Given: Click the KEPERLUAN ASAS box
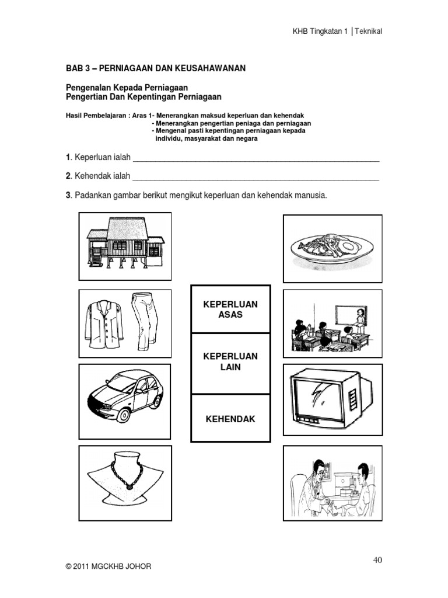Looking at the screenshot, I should (x=230, y=309).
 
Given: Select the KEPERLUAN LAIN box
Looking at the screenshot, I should (x=230, y=362).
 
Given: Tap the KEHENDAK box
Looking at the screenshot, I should (x=230, y=419).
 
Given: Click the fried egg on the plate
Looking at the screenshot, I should (x=349, y=246).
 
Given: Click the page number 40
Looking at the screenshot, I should (x=377, y=560).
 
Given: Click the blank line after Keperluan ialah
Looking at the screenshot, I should (x=257, y=159).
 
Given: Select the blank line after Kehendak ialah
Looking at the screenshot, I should (x=257, y=177).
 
